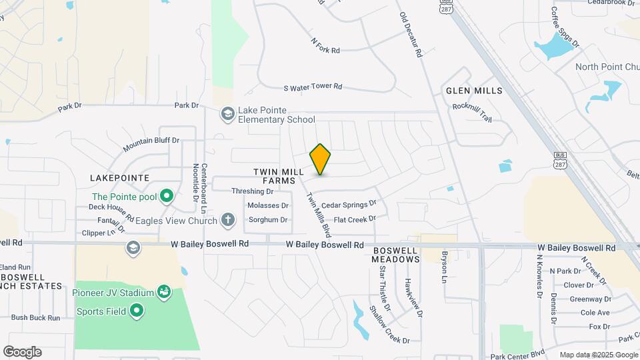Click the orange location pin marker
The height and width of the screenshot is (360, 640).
pyautogui.click(x=321, y=159)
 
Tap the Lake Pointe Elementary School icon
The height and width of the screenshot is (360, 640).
pyautogui.click(x=228, y=115)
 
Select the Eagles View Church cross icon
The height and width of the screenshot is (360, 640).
pyautogui.click(x=228, y=219)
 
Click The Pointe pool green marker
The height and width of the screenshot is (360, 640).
pyautogui.click(x=167, y=197)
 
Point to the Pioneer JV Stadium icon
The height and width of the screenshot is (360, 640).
pyautogui.click(x=163, y=291)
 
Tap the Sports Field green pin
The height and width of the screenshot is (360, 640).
pyautogui.click(x=137, y=311)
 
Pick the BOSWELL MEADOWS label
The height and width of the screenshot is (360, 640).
pyautogui.click(x=395, y=255)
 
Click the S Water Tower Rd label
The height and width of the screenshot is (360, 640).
pyautogui.click(x=313, y=87)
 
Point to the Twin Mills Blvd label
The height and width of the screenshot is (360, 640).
pyautogui.click(x=319, y=215)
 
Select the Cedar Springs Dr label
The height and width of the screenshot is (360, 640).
pyautogui.click(x=349, y=205)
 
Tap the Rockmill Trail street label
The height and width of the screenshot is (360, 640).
pyautogui.click(x=471, y=113)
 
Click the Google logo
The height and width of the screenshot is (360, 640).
pyautogui.click(x=22, y=352)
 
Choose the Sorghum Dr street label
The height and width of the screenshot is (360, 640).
pyautogui.click(x=268, y=219)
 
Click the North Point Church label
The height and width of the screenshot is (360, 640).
pyautogui.click(x=607, y=67)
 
